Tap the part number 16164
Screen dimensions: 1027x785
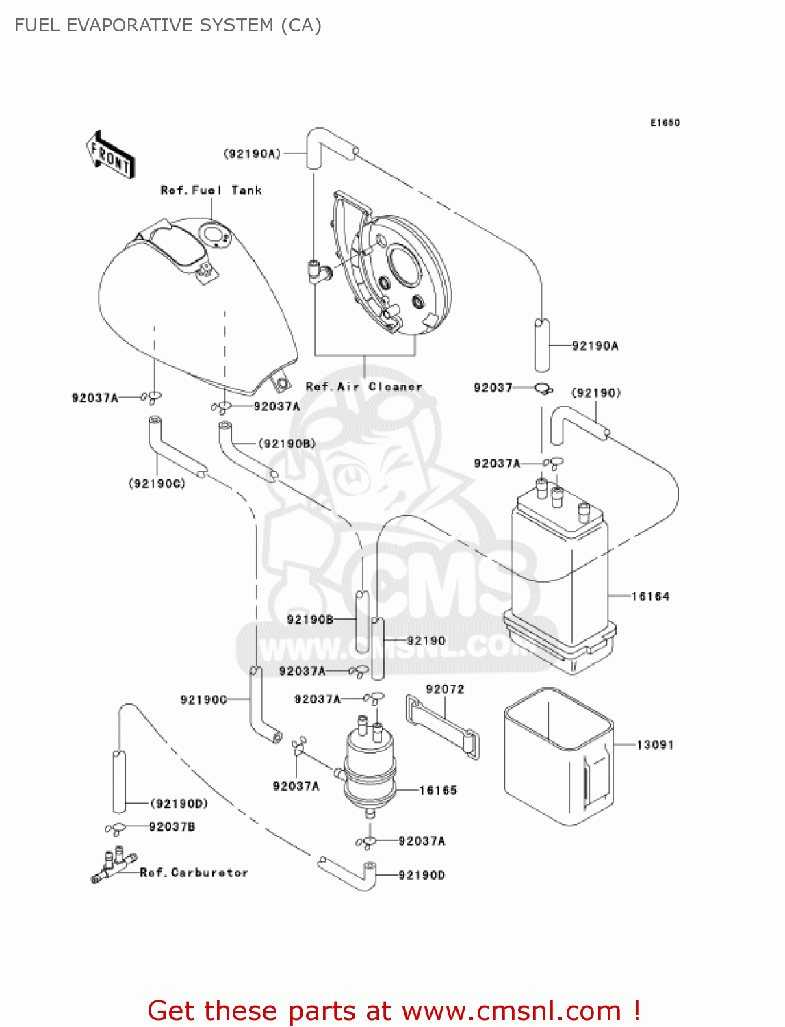(650, 596)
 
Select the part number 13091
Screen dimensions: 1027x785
(655, 745)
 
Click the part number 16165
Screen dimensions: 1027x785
(438, 791)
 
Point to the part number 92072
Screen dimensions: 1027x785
(445, 689)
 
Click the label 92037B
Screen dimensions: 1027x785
(172, 827)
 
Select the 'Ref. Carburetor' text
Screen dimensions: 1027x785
(194, 873)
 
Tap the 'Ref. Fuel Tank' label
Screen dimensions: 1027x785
(211, 190)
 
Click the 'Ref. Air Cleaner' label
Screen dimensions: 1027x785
(363, 387)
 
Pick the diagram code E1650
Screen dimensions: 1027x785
(665, 123)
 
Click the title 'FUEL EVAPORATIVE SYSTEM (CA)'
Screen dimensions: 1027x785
(168, 25)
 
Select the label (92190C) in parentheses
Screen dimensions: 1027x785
(157, 483)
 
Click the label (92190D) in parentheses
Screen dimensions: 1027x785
(179, 804)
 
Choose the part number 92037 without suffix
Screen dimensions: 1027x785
(493, 388)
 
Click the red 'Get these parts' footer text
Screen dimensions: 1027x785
(394, 1011)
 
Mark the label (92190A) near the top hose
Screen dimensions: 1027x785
(252, 154)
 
